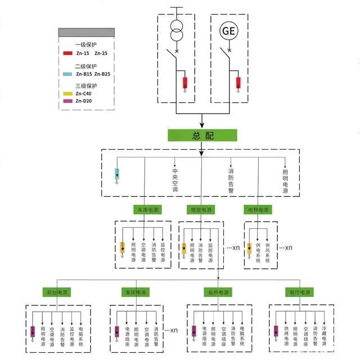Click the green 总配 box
(202, 136)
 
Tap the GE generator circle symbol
(229, 31)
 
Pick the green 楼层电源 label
(201, 210)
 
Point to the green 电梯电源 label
(258, 210)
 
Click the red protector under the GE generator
(238, 83)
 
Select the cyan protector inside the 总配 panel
(118, 173)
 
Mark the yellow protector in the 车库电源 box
(123, 247)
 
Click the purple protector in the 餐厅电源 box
(276, 331)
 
